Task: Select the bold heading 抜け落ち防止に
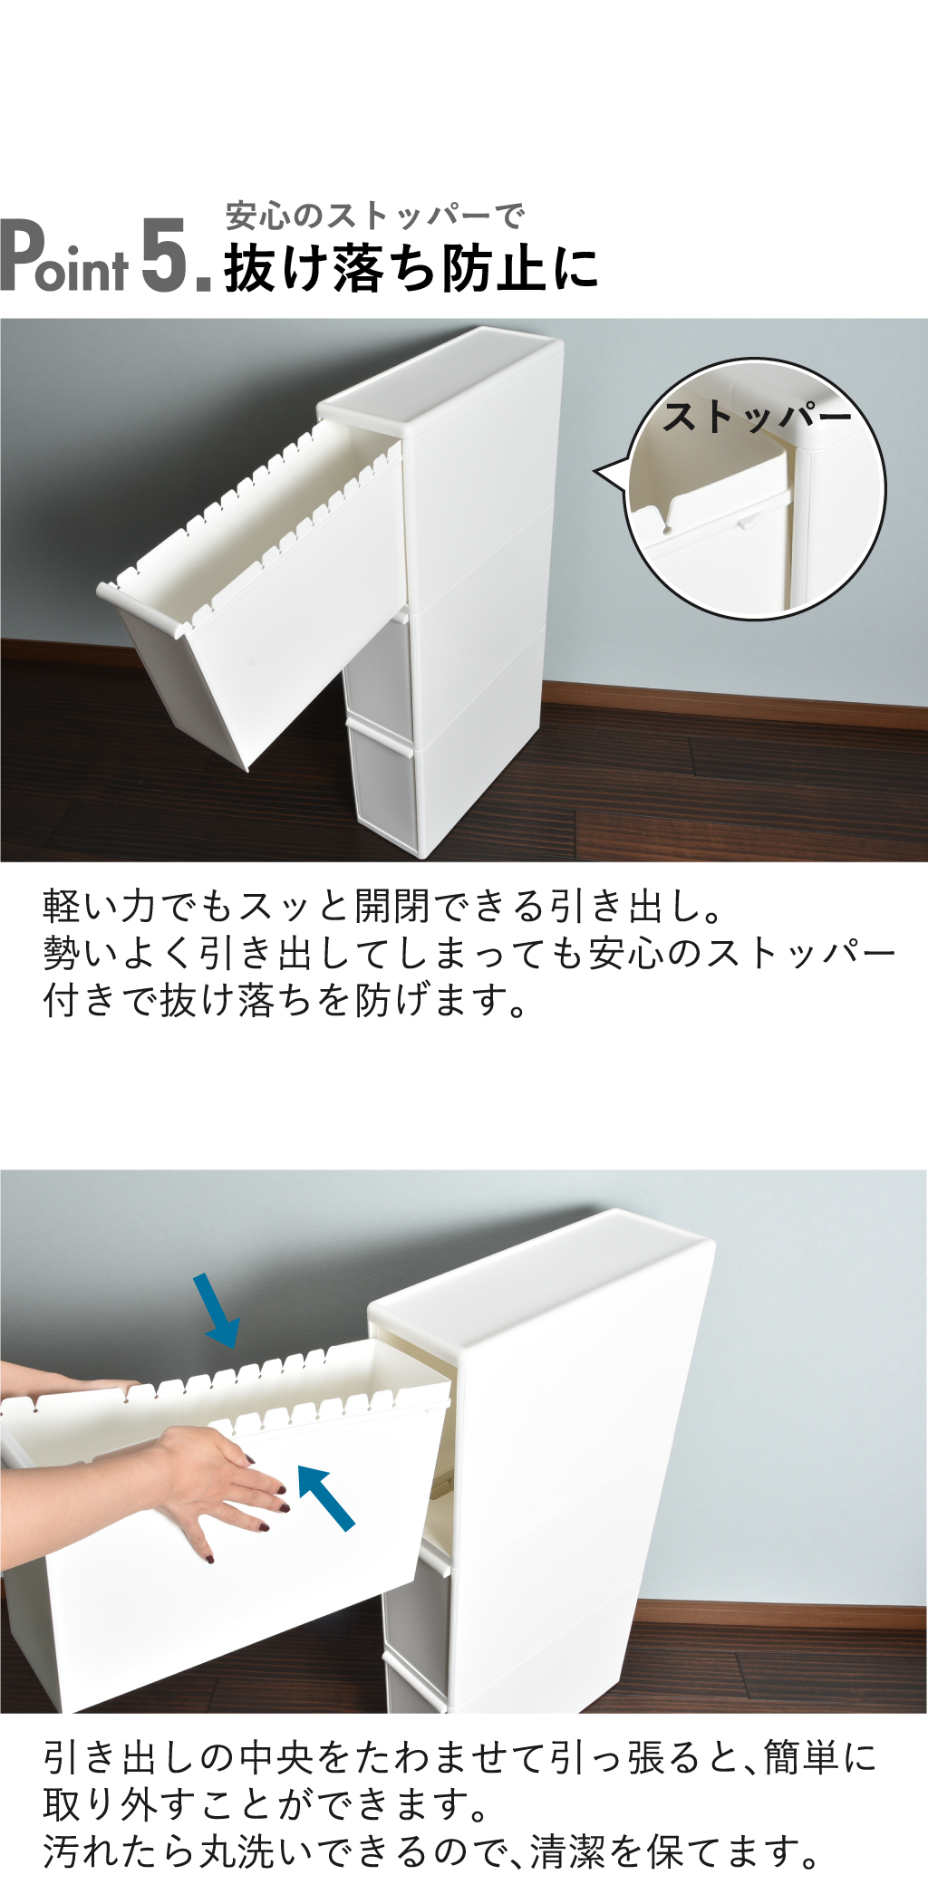(411, 269)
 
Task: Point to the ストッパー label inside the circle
(758, 418)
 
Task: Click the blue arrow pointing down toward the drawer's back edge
(217, 1310)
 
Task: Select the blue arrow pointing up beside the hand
(325, 1498)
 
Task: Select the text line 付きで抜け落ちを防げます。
(285, 1001)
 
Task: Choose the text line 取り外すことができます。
(266, 1804)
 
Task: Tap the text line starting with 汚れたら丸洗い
(431, 1852)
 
